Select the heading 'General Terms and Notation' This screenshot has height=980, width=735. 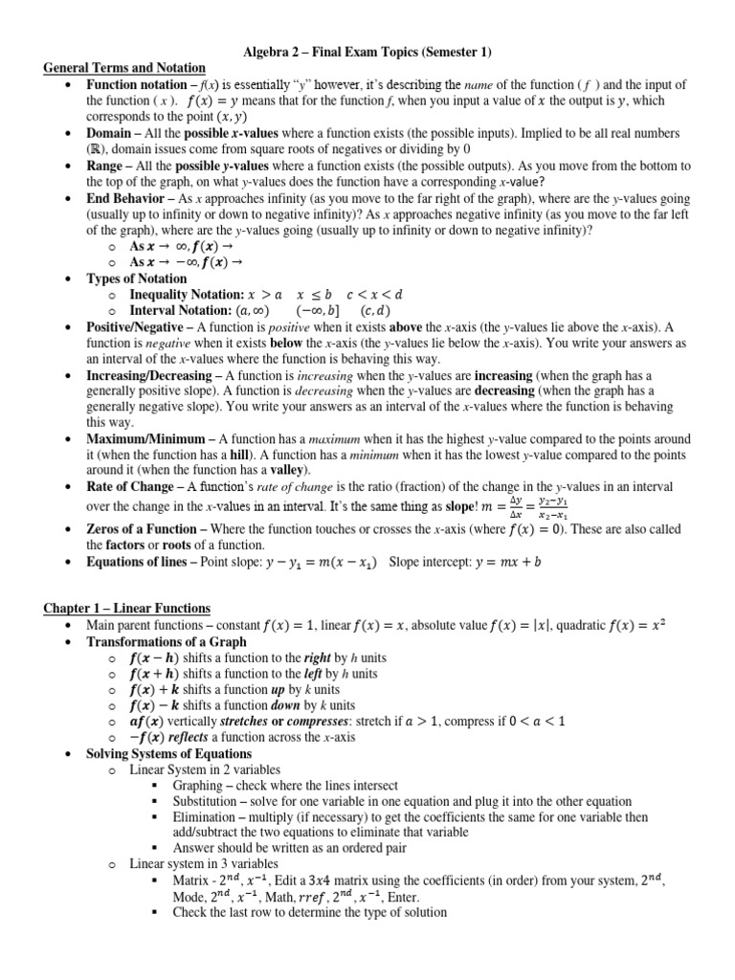(x=124, y=68)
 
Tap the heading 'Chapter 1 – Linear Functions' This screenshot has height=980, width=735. (x=127, y=609)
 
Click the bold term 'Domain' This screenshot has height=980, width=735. (x=109, y=132)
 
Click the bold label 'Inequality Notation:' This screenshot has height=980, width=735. (x=186, y=295)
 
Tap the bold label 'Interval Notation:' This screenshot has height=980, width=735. (x=179, y=311)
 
